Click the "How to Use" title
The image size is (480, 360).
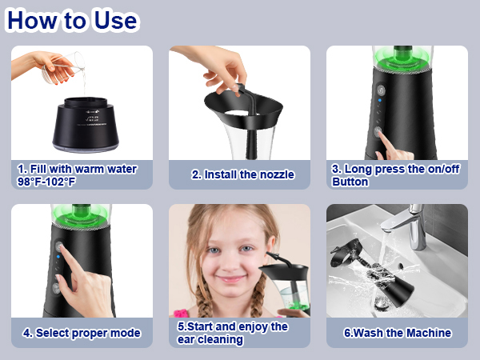coord(72,20)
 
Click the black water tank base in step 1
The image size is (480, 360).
coord(86,125)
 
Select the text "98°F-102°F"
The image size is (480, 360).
coord(46,182)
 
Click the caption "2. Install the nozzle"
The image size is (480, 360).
coord(242,174)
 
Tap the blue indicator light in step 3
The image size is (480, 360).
coord(380,100)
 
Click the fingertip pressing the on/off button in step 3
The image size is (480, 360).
coord(381,132)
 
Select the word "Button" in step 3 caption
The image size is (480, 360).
coord(350,182)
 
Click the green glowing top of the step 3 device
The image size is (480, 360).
coord(402,58)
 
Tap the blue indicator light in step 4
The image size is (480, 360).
coord(58,257)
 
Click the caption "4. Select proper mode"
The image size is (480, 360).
coord(82,333)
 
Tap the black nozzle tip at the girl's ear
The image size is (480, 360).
coord(270,254)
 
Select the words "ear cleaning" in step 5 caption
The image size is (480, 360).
coord(210,339)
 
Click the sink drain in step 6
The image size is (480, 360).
coord(382,303)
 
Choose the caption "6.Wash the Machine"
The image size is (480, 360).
coord(398,333)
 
